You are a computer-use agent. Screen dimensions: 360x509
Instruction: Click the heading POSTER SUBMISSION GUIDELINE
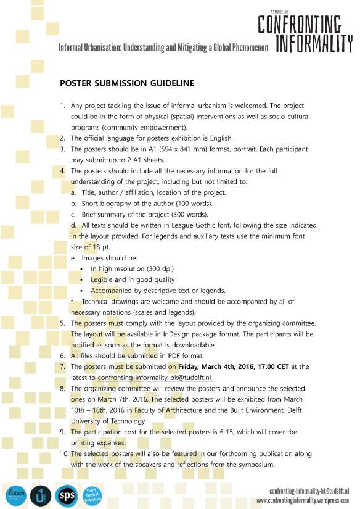coord(127,83)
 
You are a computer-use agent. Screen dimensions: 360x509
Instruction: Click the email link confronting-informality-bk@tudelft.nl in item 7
coord(155,377)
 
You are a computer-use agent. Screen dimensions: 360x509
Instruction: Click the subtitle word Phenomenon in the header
coord(243,48)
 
